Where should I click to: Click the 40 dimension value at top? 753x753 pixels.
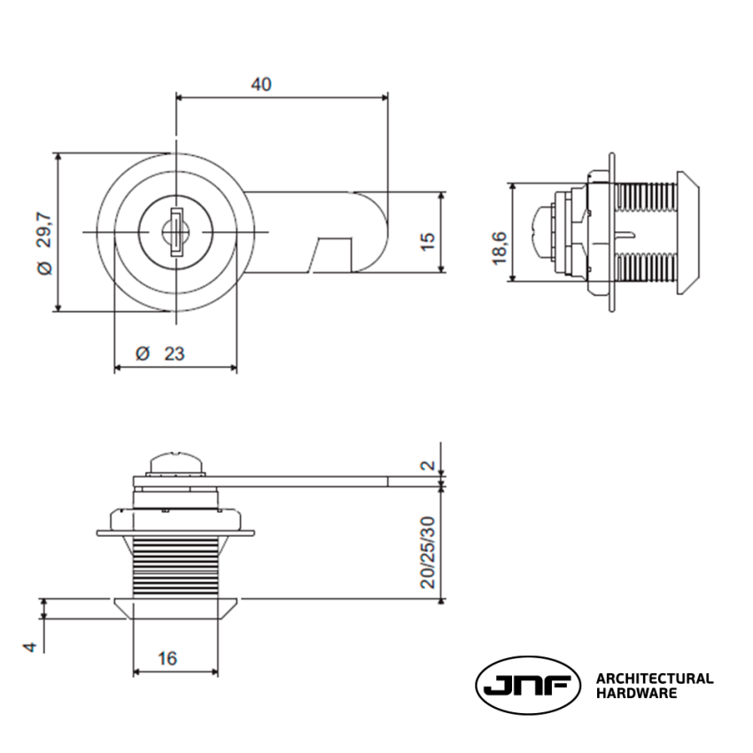click(260, 84)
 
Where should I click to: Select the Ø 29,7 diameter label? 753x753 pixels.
click(44, 232)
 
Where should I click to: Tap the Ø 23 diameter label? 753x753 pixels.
click(161, 353)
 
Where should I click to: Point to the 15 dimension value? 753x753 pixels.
click(428, 240)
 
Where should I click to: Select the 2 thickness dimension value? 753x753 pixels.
click(428, 465)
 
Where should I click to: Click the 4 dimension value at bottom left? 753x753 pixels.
click(29, 648)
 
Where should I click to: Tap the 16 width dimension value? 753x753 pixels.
click(167, 658)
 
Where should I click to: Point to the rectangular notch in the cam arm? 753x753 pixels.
click(332, 252)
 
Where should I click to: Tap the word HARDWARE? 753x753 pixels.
click(636, 694)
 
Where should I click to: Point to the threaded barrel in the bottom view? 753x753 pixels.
click(175, 567)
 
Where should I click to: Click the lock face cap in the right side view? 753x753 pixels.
click(688, 232)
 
